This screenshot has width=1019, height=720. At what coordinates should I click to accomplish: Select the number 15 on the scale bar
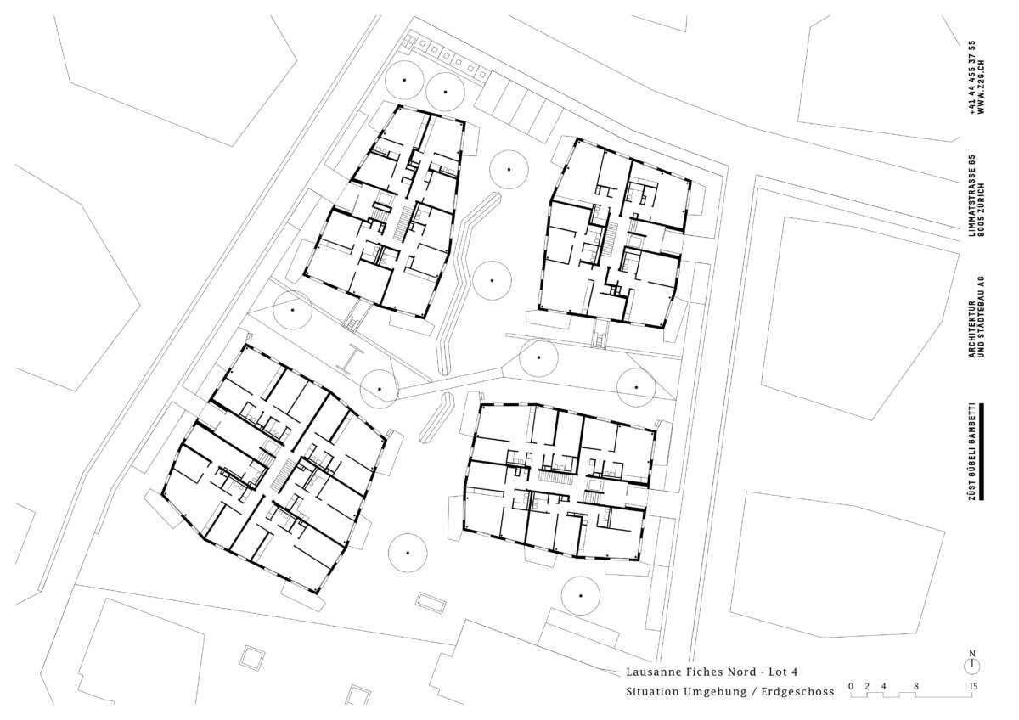972,686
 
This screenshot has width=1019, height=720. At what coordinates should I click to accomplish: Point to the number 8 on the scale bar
915,686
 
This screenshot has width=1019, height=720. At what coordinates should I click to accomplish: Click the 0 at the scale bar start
851,686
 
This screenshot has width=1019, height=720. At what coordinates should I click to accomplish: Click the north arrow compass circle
972,667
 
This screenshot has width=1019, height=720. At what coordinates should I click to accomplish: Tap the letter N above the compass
972,654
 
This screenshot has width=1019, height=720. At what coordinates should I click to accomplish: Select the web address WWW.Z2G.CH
981,87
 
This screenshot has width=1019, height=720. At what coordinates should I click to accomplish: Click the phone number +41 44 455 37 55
971,77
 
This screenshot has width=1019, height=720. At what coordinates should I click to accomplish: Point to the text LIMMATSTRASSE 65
971,195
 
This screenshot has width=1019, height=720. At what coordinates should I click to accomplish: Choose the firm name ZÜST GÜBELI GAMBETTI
971,452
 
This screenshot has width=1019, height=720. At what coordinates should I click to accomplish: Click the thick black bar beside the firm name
982,452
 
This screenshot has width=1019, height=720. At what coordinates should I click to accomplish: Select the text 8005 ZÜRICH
981,210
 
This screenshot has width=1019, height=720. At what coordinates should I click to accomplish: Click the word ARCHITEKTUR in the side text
971,329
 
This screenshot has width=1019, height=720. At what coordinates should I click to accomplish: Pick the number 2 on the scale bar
867,686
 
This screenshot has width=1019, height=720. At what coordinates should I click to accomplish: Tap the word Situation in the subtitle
653,692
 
